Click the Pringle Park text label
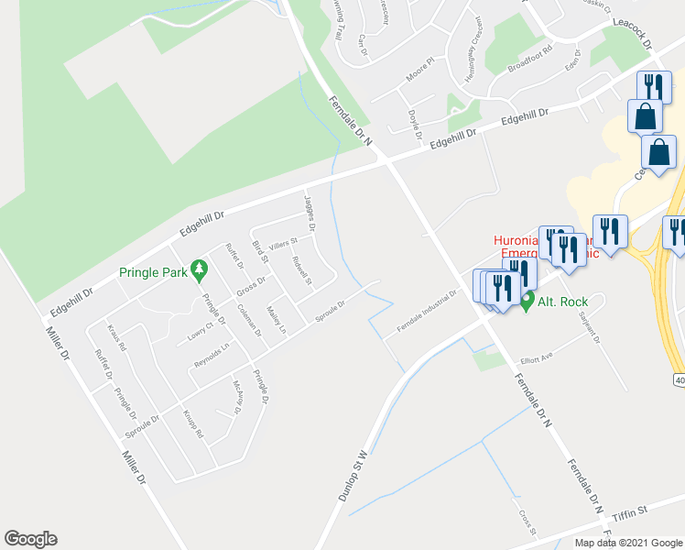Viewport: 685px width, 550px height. point(152,271)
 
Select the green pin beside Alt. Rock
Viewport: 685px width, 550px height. point(527,301)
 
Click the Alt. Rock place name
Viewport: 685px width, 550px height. point(562,301)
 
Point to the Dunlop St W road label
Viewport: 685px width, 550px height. point(352,476)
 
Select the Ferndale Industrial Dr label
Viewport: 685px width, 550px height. point(427,312)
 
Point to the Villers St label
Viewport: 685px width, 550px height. point(284,244)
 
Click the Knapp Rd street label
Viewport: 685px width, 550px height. point(192,423)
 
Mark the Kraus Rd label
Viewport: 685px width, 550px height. point(116,337)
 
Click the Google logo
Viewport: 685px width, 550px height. point(30,539)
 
